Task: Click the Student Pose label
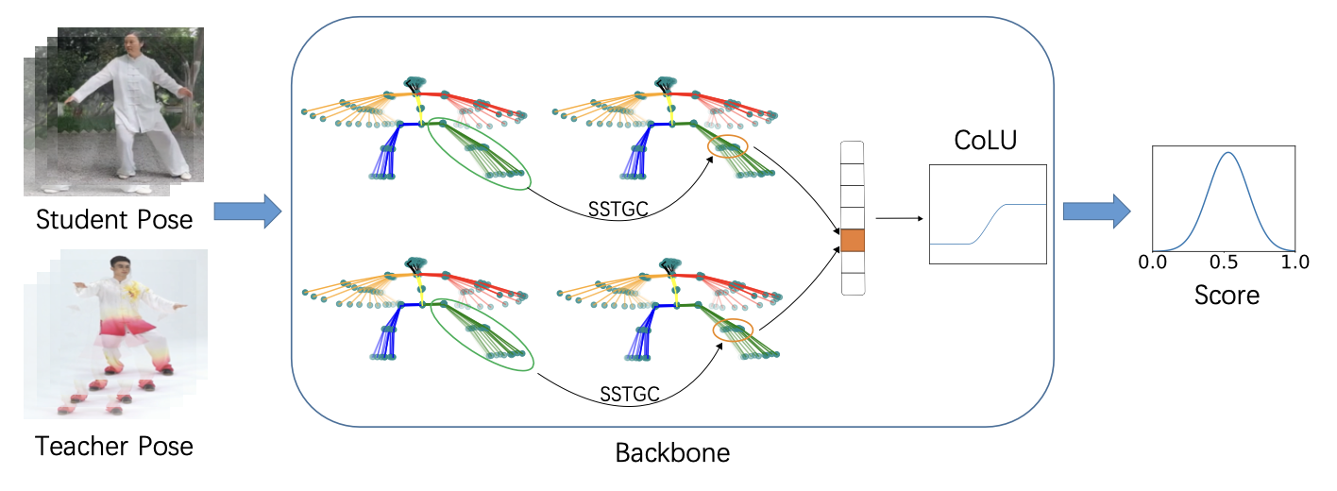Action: (114, 220)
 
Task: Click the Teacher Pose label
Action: (114, 446)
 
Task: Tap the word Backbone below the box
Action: (672, 452)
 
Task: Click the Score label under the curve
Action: (1227, 295)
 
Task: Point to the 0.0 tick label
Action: (1153, 262)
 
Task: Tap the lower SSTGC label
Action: (628, 391)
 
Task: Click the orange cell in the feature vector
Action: (853, 240)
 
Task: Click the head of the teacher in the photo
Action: (118, 267)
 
